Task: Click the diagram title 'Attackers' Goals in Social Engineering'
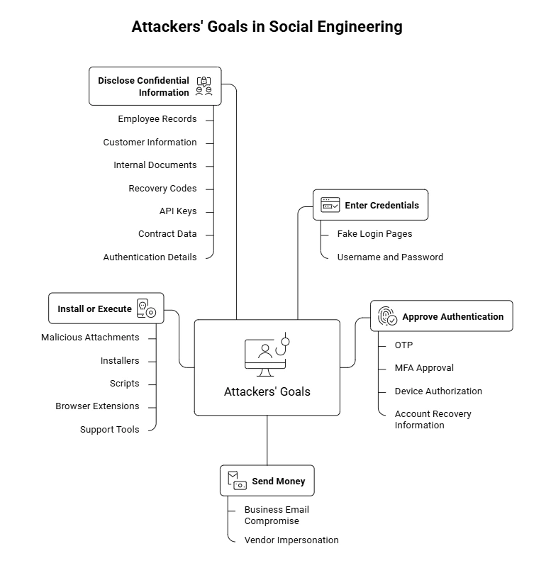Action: [x=267, y=27]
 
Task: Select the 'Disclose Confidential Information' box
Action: [x=155, y=87]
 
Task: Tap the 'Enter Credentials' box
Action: [x=370, y=205]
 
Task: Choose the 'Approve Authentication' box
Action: [x=442, y=316]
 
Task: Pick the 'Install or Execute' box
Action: [x=106, y=308]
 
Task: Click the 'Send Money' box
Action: [x=267, y=481]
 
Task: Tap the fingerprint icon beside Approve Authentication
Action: [x=387, y=316]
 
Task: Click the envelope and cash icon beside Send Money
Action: [x=237, y=481]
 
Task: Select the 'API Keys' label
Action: [x=178, y=211]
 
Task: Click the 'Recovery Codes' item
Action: [x=162, y=188]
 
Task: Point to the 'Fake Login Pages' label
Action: [x=374, y=234]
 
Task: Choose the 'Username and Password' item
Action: [x=390, y=257]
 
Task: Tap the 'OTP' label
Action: [x=404, y=345]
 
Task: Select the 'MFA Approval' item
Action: [x=424, y=368]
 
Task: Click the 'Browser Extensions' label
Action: [x=97, y=406]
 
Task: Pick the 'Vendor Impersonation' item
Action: [x=291, y=540]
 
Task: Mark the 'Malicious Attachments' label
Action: [x=90, y=338]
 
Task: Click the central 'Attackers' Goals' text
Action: [x=267, y=391]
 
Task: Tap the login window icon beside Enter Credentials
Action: [x=330, y=205]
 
